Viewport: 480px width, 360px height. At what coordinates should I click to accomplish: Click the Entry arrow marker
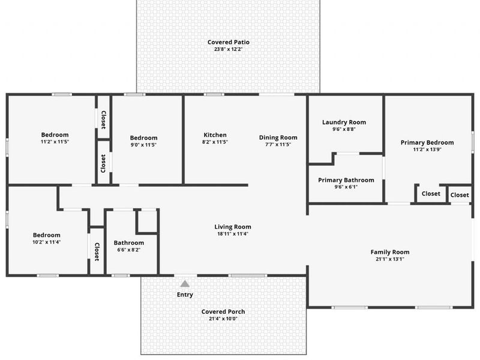click(x=185, y=284)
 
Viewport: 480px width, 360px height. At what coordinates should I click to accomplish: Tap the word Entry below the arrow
click(x=185, y=295)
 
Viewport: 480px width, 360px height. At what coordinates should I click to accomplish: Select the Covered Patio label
click(x=228, y=42)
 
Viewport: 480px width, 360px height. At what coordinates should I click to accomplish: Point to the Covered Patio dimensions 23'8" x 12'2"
click(x=228, y=49)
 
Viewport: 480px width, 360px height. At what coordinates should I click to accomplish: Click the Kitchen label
click(x=215, y=135)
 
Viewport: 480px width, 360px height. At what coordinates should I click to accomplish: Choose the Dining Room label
click(x=278, y=137)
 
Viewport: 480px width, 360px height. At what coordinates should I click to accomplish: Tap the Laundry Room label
click(x=344, y=122)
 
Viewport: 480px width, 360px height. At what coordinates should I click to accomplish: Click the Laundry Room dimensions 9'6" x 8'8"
click(x=344, y=129)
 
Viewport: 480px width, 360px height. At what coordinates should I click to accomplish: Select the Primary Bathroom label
click(x=346, y=180)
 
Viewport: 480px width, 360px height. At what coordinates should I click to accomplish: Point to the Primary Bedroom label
click(x=427, y=142)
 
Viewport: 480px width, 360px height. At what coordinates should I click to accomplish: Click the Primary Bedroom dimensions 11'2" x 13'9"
click(x=427, y=149)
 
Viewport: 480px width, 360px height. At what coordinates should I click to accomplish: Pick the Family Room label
click(x=390, y=252)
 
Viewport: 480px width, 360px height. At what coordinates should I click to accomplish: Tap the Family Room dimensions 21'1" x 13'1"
click(x=390, y=259)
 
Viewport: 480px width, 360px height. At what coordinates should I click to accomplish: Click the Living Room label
click(x=233, y=227)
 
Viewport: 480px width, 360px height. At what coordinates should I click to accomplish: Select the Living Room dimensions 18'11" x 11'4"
click(x=233, y=234)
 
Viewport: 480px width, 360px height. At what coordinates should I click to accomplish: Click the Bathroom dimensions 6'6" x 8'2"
click(x=129, y=250)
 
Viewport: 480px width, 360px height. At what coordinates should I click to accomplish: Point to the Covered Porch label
click(x=223, y=311)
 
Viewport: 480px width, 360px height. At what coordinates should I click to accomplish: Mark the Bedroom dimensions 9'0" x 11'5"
click(x=143, y=145)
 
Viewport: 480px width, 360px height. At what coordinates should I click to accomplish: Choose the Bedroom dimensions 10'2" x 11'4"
click(x=47, y=242)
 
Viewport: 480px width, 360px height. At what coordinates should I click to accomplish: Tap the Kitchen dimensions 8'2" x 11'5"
click(x=215, y=142)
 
